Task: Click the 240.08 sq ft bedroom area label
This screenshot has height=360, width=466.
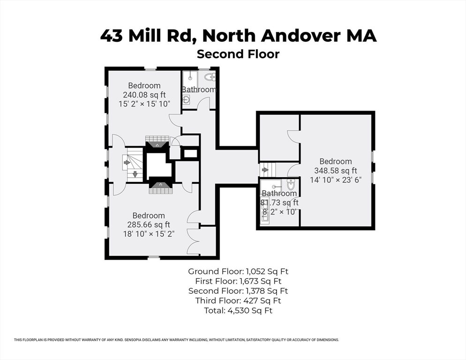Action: [x=144, y=95]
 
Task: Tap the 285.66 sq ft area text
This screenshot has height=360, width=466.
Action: [x=149, y=225]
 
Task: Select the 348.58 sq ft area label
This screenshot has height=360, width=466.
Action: [x=336, y=171]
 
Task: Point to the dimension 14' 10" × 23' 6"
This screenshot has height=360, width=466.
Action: [x=336, y=180]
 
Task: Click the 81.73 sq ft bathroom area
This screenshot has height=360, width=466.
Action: [x=279, y=203]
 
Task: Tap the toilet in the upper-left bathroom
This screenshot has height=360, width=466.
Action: [x=210, y=77]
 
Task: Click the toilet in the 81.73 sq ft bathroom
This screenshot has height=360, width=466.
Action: [x=291, y=185]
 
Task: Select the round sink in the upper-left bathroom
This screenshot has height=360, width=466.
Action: [x=186, y=99]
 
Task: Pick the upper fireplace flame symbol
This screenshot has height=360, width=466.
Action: [x=157, y=145]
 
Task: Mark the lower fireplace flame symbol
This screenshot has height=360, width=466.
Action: [x=160, y=185]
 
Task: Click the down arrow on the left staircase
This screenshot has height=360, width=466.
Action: [x=135, y=174]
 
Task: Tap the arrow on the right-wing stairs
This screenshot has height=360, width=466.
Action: [x=264, y=170]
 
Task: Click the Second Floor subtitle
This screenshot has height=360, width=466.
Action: [x=238, y=54]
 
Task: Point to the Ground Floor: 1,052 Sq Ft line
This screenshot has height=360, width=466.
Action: [x=238, y=271]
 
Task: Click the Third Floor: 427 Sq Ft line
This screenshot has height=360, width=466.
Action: [x=238, y=300]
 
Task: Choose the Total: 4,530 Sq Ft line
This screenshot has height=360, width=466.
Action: [x=238, y=311]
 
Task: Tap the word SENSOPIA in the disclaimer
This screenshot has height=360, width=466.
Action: [x=133, y=340]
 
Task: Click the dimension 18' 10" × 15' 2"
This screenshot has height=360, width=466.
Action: [x=149, y=234]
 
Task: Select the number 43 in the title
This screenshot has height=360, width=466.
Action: [x=111, y=36]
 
